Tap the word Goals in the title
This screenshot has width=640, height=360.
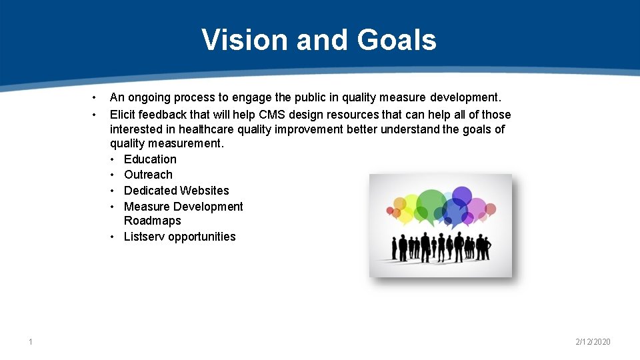pyautogui.click(x=397, y=40)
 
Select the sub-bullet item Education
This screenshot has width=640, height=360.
pyautogui.click(x=150, y=159)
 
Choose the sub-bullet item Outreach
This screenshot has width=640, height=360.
pyautogui.click(x=148, y=175)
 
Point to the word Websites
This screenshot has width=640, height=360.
pyautogui.click(x=204, y=191)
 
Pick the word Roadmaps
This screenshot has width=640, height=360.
pyautogui.click(x=152, y=221)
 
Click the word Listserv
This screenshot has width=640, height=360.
pyautogui.click(x=144, y=237)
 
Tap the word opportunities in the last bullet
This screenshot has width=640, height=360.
pyautogui.click(x=202, y=237)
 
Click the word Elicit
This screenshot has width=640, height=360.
pyautogui.click(x=123, y=115)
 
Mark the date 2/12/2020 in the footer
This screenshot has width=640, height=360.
pyautogui.click(x=593, y=342)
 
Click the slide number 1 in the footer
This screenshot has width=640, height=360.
pyautogui.click(x=30, y=342)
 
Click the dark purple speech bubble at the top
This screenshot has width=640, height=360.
pyautogui.click(x=461, y=195)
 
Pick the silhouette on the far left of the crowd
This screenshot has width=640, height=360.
pyautogui.click(x=394, y=248)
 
